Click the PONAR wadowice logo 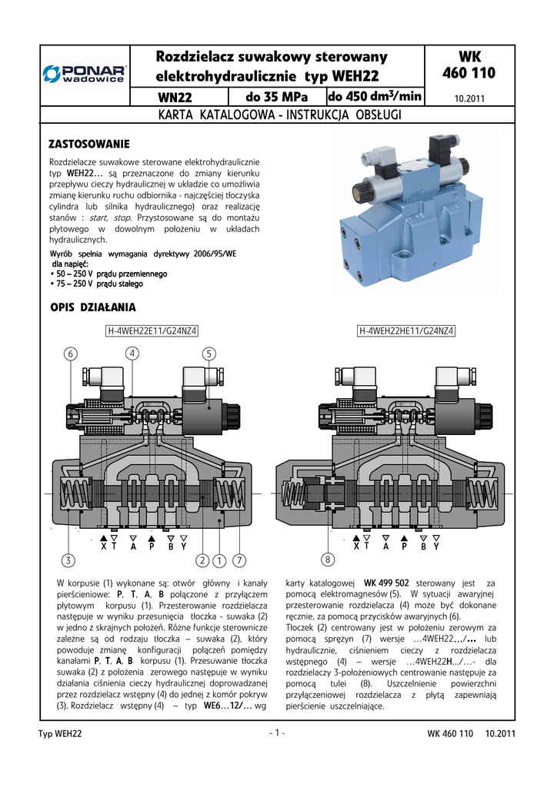click(86, 74)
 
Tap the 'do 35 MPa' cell click(277, 98)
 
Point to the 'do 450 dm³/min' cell click(375, 97)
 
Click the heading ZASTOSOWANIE click(89, 144)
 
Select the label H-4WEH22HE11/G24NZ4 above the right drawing click(407, 331)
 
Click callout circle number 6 click(71, 354)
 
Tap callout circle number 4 click(132, 353)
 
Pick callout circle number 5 click(208, 354)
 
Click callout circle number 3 click(68, 559)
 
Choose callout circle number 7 click(240, 559)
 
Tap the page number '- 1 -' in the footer click(278, 732)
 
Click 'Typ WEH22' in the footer click(60, 734)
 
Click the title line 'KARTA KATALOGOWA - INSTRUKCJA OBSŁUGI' click(278, 115)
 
